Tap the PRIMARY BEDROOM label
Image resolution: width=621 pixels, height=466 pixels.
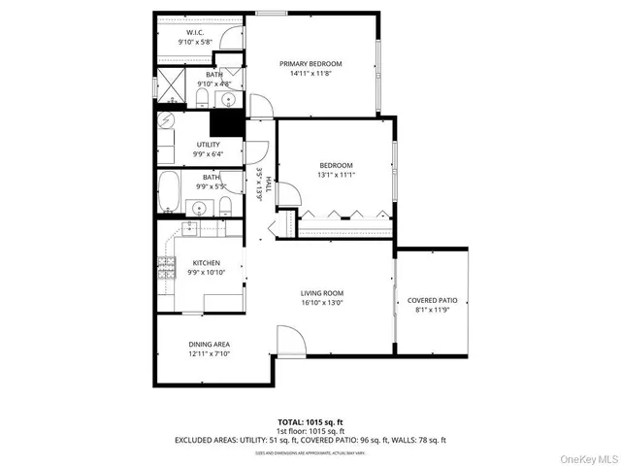(310, 64)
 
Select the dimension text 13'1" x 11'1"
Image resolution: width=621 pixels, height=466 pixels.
(336, 175)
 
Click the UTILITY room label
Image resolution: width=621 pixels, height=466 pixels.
(208, 145)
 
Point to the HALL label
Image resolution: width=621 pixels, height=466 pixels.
(259, 183)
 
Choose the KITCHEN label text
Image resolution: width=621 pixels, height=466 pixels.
(206, 263)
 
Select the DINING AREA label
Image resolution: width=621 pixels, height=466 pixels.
(209, 345)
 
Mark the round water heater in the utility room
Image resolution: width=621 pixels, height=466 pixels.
(167, 122)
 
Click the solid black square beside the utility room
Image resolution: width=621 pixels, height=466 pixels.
(227, 123)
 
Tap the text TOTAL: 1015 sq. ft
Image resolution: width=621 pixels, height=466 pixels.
(310, 423)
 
